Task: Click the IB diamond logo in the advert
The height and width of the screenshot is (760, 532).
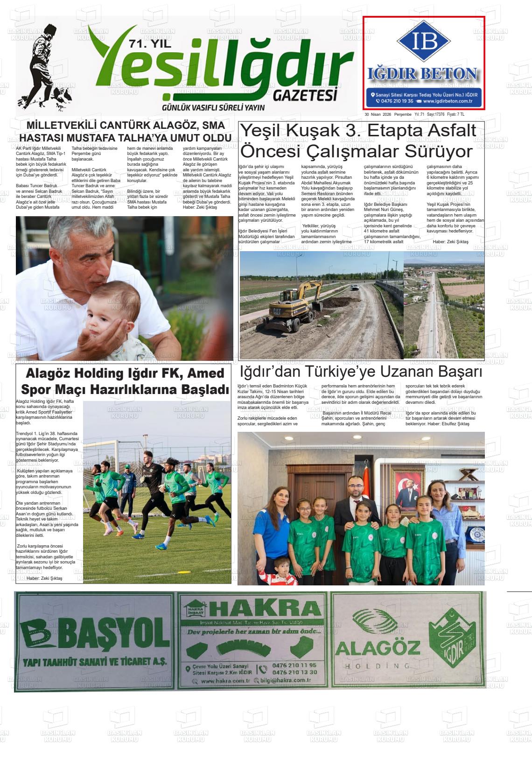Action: click(x=424, y=41)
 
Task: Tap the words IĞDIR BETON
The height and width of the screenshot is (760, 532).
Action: click(x=423, y=73)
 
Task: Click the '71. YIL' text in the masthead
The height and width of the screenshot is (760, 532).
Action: click(x=149, y=44)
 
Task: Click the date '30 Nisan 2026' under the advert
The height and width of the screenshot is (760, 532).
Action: click(x=378, y=114)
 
